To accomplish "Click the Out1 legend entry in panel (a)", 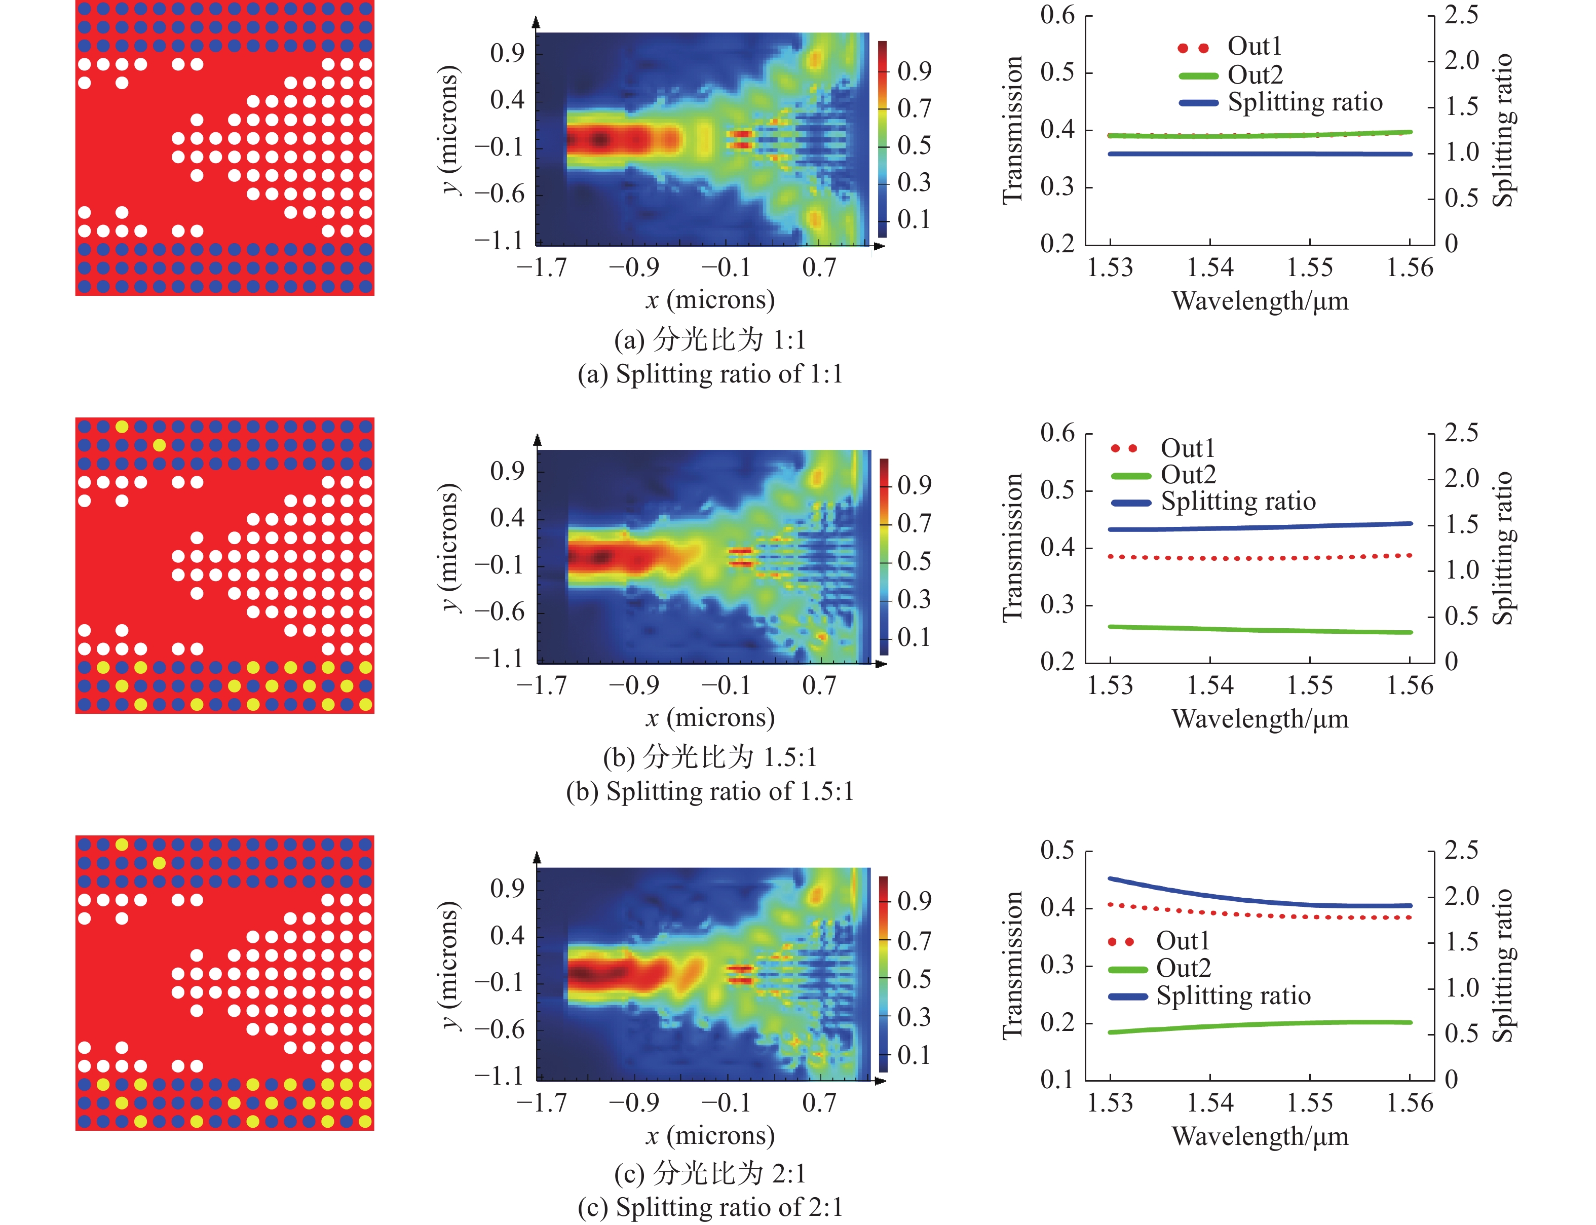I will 1254,47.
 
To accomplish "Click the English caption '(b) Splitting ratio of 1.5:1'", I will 709,791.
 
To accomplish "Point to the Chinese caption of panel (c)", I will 709,1173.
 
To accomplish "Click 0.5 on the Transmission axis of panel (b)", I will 1057,490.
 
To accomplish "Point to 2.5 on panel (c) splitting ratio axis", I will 1461,850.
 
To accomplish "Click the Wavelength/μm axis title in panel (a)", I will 1260,301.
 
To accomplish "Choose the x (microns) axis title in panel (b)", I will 709,718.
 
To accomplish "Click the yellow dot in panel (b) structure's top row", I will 122,427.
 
